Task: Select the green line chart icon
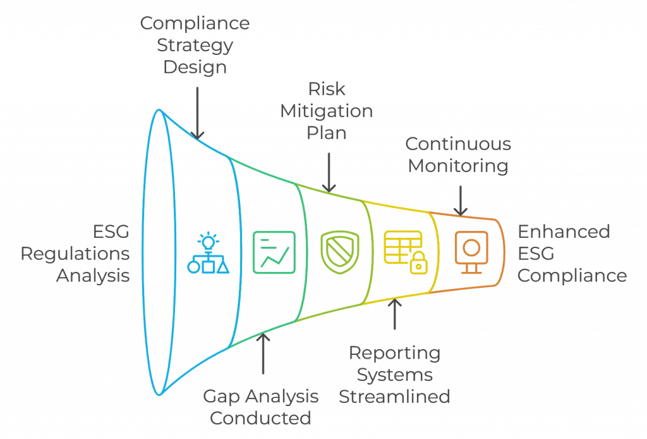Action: pyautogui.click(x=274, y=252)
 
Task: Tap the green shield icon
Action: pyautogui.click(x=339, y=252)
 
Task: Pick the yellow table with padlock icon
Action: pyautogui.click(x=406, y=252)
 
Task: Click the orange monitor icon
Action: pyautogui.click(x=471, y=252)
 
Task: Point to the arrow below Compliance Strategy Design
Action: pyautogui.click(x=197, y=113)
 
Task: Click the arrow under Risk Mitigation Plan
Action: pyautogui.click(x=329, y=173)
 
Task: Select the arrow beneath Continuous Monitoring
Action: pyautogui.click(x=461, y=201)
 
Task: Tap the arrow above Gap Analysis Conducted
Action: pyautogui.click(x=263, y=354)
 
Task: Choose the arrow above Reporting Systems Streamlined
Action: pyautogui.click(x=395, y=314)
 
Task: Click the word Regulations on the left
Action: pyautogui.click(x=75, y=254)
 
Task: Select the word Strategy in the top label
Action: pyautogui.click(x=195, y=46)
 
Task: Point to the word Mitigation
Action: pyautogui.click(x=327, y=111)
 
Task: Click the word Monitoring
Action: pyautogui.click(x=458, y=166)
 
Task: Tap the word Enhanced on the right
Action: pyautogui.click(x=564, y=232)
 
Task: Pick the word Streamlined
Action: pyautogui.click(x=394, y=397)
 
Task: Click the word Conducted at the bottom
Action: pyautogui.click(x=260, y=418)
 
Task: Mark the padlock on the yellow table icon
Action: pyautogui.click(x=418, y=263)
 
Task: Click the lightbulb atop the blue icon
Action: pyautogui.click(x=209, y=241)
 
